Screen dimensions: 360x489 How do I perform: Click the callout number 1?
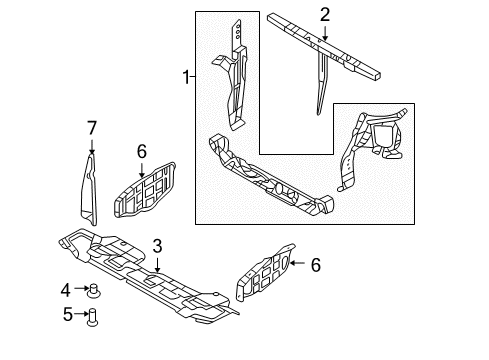pos(185,76)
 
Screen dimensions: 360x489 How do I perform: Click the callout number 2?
pos(324,14)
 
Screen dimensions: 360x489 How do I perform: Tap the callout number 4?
pos(65,291)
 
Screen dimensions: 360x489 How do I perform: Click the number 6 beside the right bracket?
pos(315,265)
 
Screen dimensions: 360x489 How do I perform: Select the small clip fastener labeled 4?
pos(93,292)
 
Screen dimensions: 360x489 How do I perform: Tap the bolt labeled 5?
pos(92,317)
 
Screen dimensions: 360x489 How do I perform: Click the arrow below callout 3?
pos(157,262)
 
